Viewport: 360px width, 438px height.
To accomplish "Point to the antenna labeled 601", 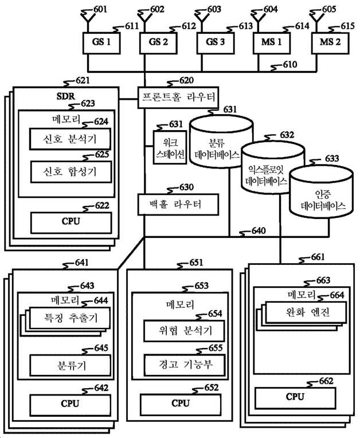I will point(85,17).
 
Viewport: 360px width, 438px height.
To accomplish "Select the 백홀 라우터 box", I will point(178,204).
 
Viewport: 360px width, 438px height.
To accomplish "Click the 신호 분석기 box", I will point(70,139).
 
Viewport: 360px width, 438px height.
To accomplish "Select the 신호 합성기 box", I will point(70,171).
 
